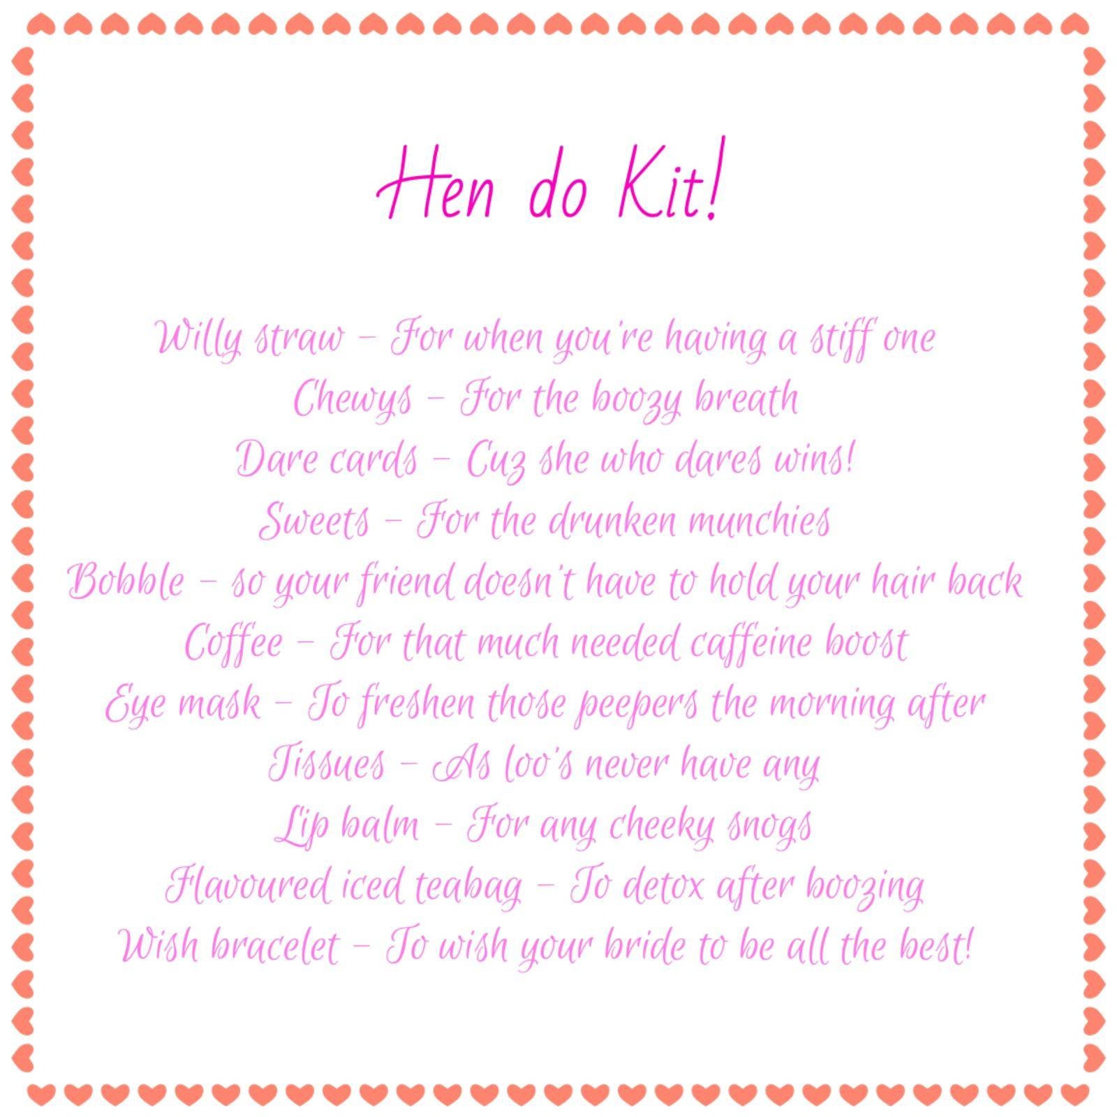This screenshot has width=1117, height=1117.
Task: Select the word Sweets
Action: click(x=314, y=521)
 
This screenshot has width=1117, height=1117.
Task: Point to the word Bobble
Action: click(x=126, y=582)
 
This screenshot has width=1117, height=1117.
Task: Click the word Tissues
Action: click(x=327, y=764)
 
